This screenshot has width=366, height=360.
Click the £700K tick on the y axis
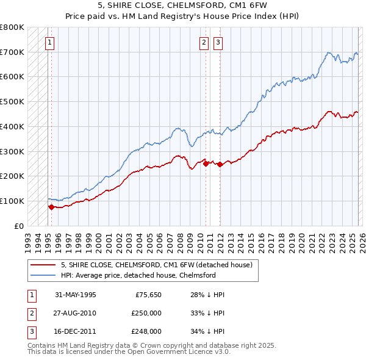pos(12,52)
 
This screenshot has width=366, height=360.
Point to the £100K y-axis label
pos(12,201)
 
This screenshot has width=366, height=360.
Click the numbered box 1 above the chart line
pos(49,43)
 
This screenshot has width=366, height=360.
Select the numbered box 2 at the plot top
pos(203,43)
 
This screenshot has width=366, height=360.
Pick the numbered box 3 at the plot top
pos(218,43)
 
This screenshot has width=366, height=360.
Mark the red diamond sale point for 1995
pos(51,207)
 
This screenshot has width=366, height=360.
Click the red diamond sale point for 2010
pos(206,164)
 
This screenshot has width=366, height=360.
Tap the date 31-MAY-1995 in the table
pos(75,295)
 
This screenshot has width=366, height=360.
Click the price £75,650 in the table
pos(146,295)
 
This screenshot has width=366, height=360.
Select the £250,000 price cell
pos(146,313)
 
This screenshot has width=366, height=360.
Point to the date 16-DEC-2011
pos(75,331)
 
